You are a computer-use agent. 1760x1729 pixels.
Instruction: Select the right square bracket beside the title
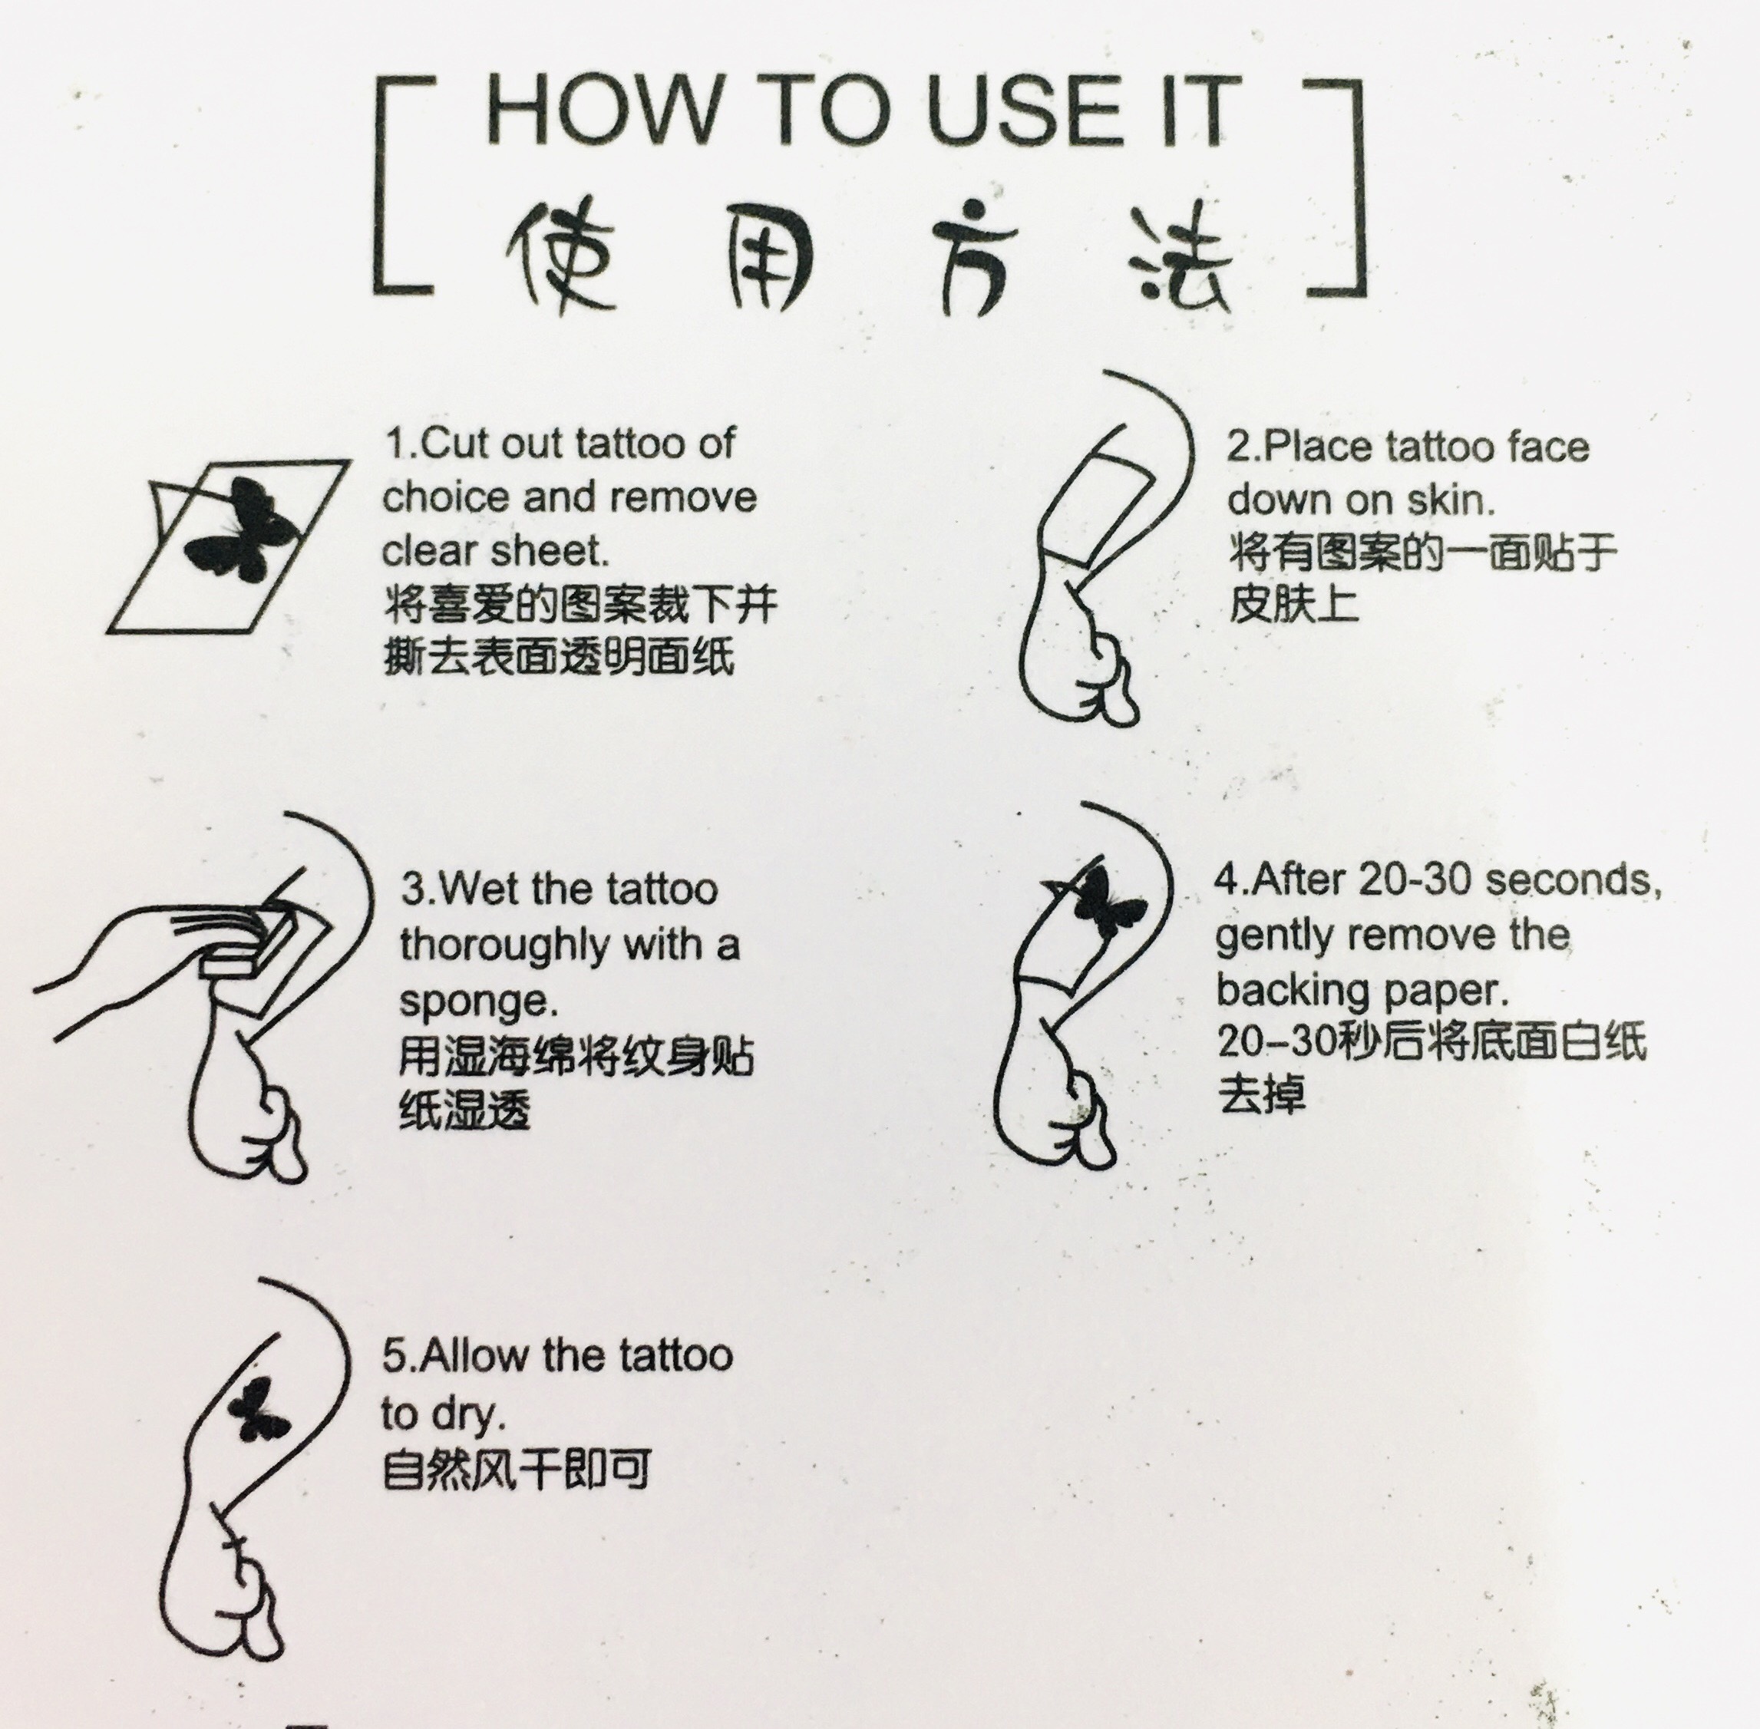point(1334,187)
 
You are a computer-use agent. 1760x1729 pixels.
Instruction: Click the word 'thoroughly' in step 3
point(504,946)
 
